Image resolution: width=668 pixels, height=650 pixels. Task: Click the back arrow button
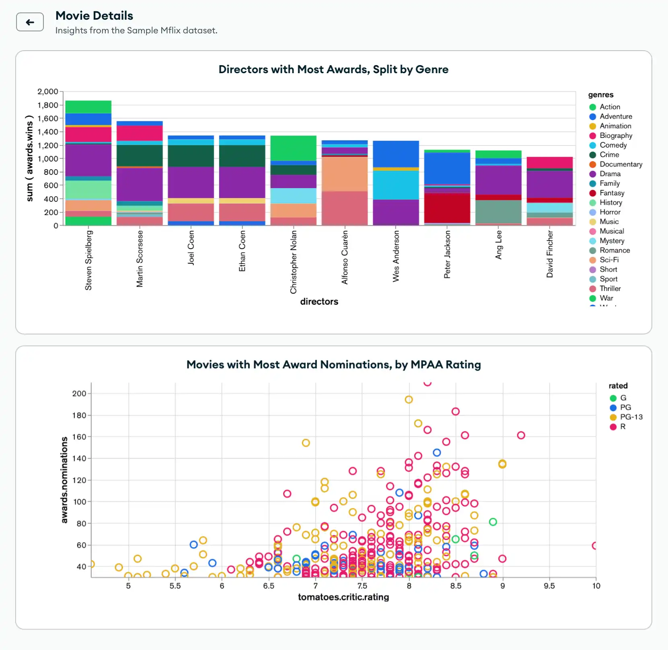point(30,22)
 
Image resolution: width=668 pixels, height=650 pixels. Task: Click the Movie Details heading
point(94,16)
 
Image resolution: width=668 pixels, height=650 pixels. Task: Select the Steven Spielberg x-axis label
point(88,260)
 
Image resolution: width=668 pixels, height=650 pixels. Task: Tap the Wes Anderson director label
point(396,256)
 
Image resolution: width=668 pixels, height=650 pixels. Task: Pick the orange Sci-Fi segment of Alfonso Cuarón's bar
point(345,174)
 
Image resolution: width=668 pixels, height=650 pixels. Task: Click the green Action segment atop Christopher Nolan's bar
point(293,148)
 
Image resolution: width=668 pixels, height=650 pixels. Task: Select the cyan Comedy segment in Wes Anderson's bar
point(396,185)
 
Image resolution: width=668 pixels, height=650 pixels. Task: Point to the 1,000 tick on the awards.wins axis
point(47,159)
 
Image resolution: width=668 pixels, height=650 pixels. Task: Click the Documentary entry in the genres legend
point(621,164)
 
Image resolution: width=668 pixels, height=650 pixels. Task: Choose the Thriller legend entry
point(610,289)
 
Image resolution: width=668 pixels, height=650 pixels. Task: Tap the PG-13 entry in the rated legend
point(631,417)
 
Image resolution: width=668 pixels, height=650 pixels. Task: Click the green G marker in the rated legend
point(613,398)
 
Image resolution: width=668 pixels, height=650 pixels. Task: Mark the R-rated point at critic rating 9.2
point(521,435)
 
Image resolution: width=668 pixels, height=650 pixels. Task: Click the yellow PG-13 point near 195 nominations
point(409,400)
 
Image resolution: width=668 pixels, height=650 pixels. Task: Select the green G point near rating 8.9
point(493,522)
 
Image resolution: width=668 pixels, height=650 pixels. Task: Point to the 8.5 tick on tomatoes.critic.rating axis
point(456,586)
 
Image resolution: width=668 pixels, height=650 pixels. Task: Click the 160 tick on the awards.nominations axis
point(79,437)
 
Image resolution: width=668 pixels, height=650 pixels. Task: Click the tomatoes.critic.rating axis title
point(343,597)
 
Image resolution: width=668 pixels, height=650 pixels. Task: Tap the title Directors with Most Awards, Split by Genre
point(333,70)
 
